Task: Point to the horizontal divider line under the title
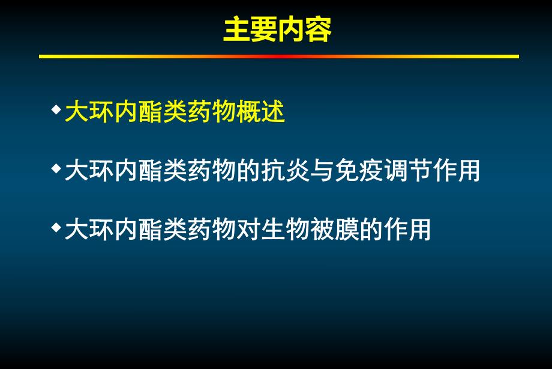278,56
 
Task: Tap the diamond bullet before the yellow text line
56,110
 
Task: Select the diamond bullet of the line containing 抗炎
56,169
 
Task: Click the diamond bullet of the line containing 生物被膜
56,228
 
